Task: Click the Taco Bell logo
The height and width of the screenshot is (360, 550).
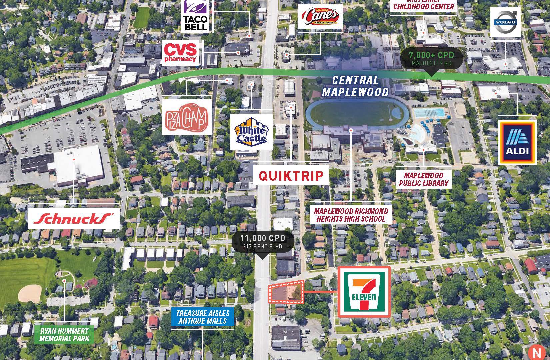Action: click(195, 16)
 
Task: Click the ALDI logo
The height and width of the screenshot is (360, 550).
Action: click(517, 143)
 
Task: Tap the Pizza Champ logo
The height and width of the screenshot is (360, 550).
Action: click(187, 117)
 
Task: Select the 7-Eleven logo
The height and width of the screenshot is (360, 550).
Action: click(364, 292)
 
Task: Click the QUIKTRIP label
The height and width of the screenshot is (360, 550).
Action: click(291, 176)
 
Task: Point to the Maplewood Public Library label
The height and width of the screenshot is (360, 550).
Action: click(424, 179)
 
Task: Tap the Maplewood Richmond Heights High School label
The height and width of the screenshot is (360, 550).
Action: click(351, 215)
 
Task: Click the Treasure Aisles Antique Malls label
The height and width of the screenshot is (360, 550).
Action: click(203, 317)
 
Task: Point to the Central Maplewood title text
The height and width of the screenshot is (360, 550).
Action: click(355, 86)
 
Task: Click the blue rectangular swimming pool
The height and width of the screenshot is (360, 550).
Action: click(430, 112)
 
